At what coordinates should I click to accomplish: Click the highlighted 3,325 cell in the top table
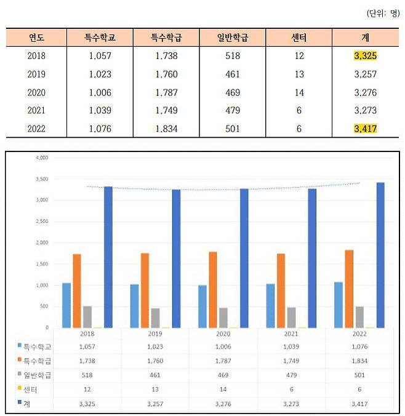click(365, 56)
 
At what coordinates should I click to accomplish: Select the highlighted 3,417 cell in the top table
click(365, 129)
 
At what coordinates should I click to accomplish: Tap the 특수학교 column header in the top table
click(100, 38)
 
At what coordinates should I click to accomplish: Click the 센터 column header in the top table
click(299, 38)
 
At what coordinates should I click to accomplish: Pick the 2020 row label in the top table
click(36, 92)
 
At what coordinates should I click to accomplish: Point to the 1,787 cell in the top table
click(166, 92)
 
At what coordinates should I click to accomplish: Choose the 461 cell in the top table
click(232, 74)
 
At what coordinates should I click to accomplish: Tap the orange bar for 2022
click(349, 289)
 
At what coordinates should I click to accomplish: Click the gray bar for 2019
click(155, 318)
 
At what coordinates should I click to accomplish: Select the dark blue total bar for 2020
click(244, 258)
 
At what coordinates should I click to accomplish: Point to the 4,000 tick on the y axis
click(39, 158)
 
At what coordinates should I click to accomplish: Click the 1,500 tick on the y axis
click(39, 264)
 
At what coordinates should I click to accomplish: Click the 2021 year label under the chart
click(291, 333)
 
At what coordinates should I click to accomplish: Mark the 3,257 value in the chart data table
click(156, 404)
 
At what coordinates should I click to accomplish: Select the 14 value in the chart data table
click(223, 390)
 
